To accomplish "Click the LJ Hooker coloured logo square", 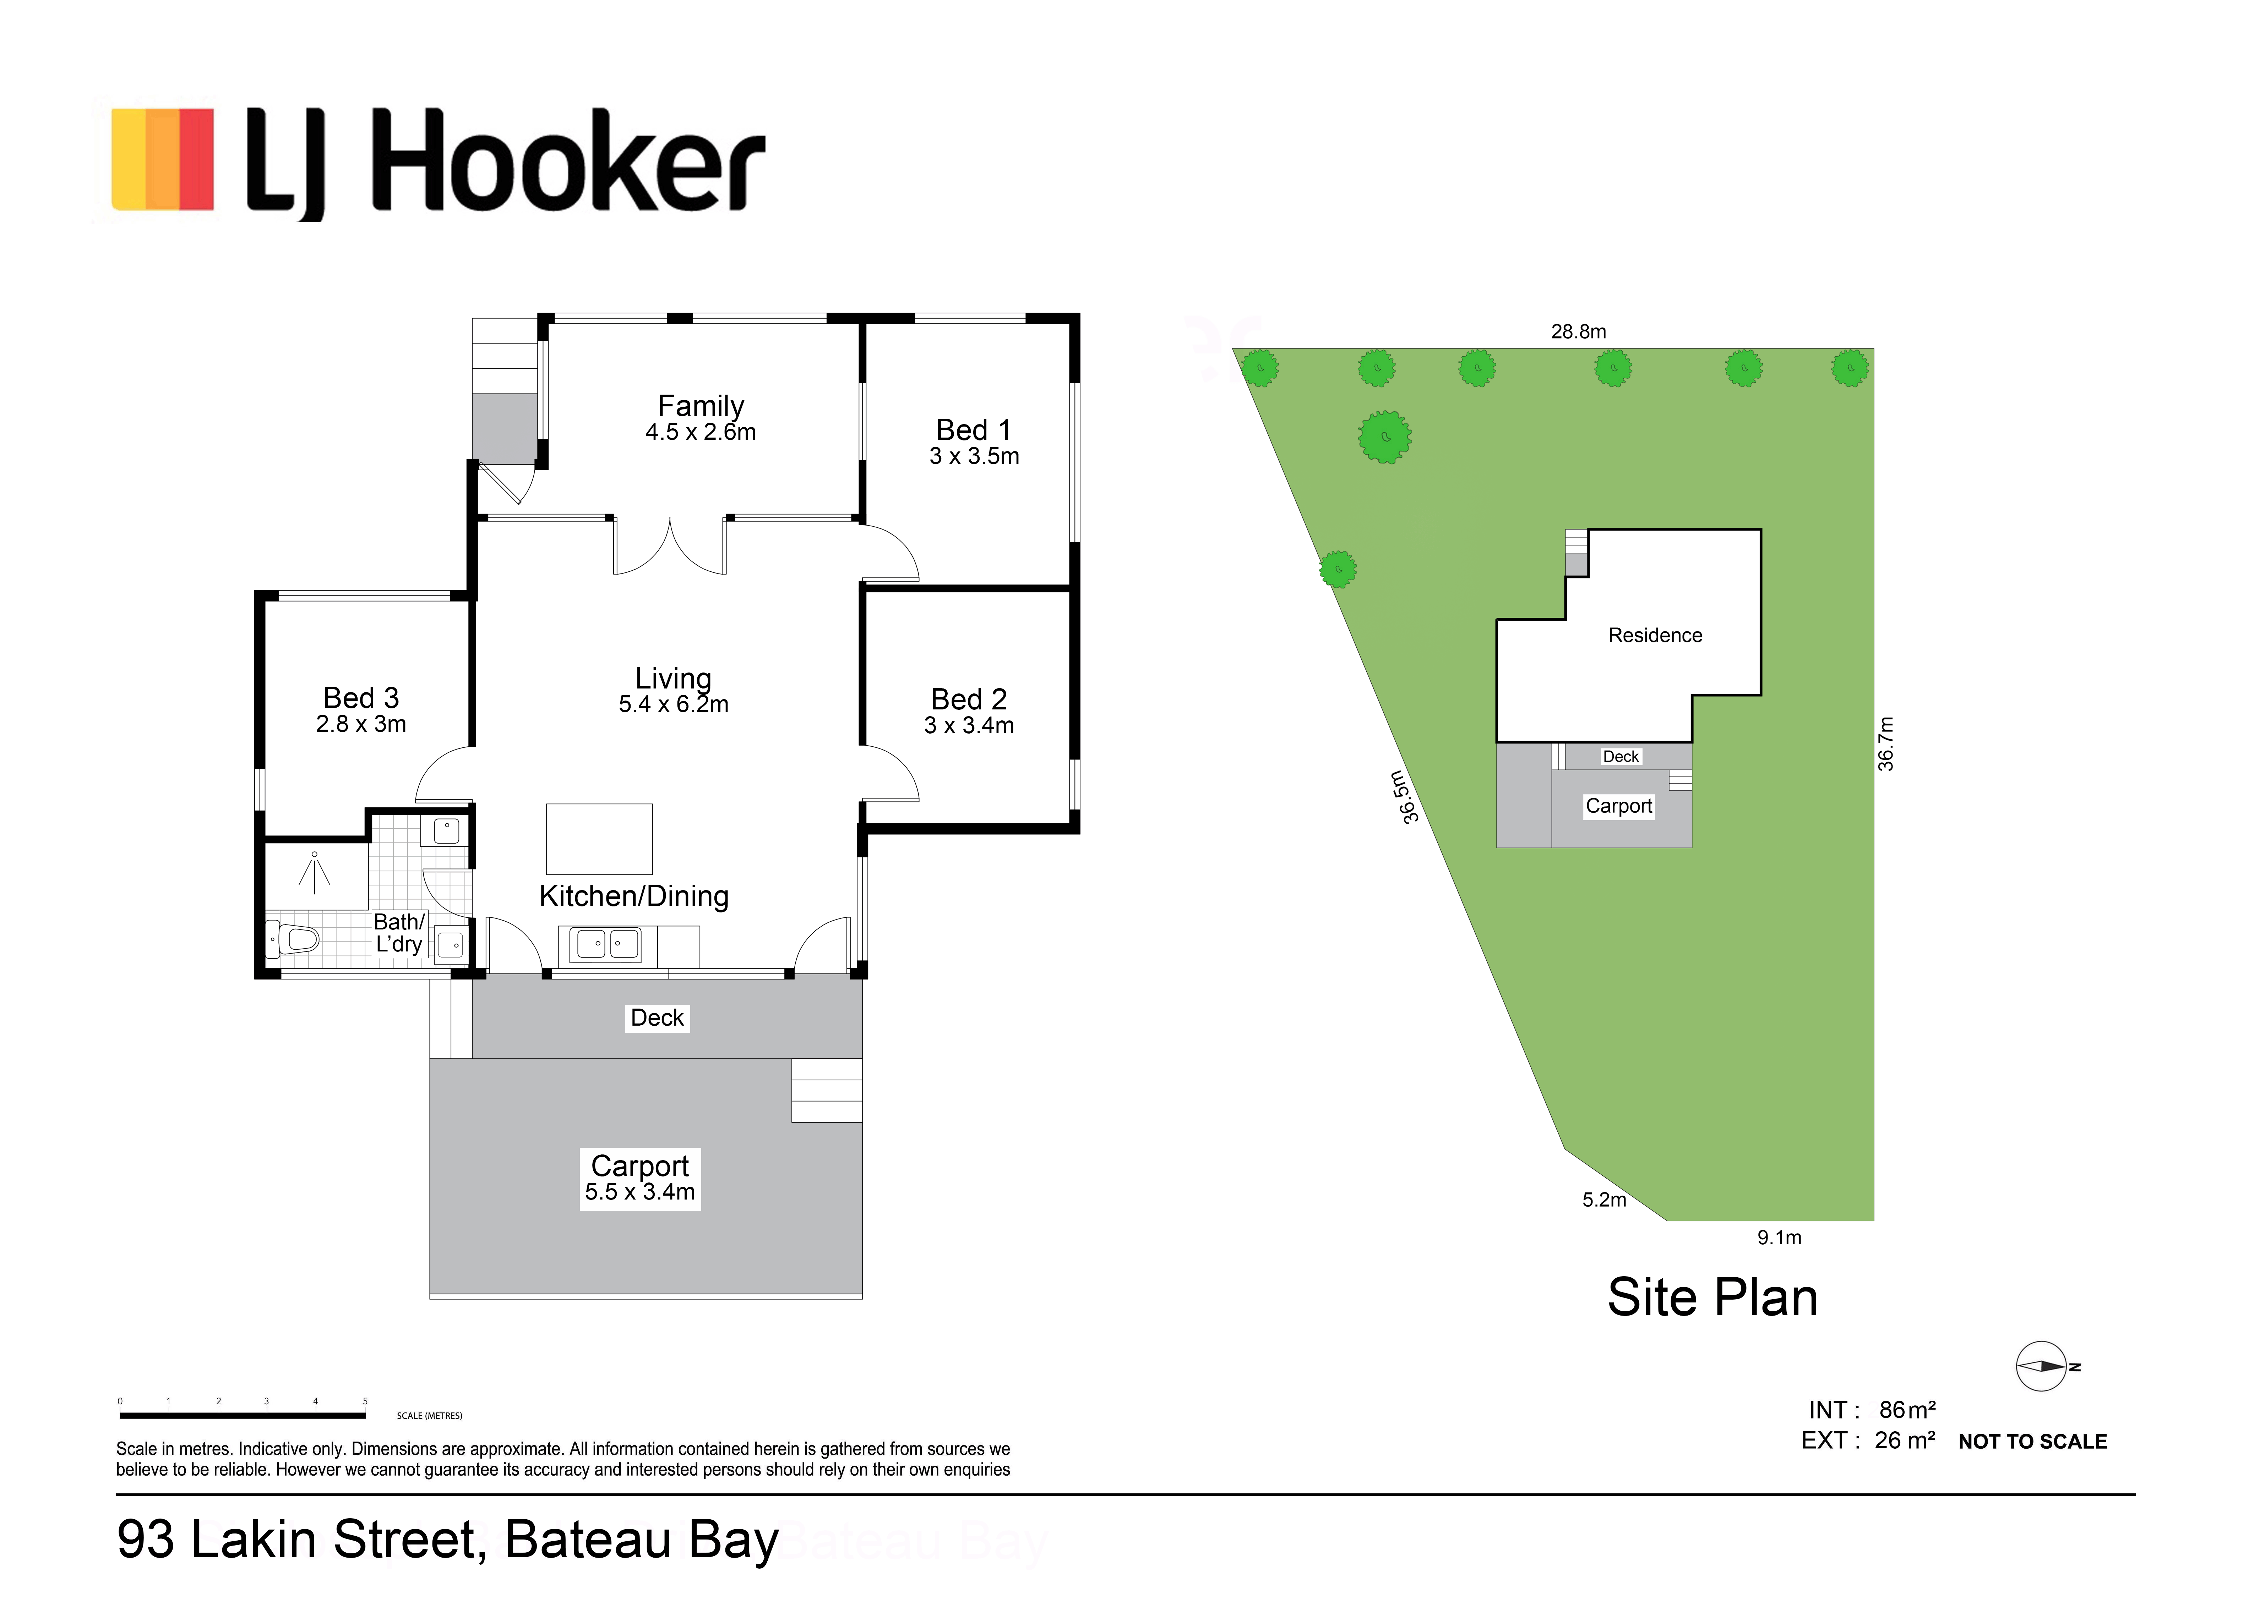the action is pyautogui.click(x=162, y=159).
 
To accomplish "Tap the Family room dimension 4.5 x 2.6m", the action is pyautogui.click(x=701, y=432).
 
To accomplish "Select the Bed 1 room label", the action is pyautogui.click(x=974, y=430).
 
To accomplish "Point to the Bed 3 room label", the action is pyautogui.click(x=361, y=698).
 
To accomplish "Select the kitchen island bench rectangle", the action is pyautogui.click(x=599, y=839).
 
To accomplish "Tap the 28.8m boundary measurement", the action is pyautogui.click(x=1579, y=331).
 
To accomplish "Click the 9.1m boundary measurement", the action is pyautogui.click(x=1780, y=1238).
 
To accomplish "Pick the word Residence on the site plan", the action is pyautogui.click(x=1656, y=636).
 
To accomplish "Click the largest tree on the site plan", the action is pyautogui.click(x=1385, y=437).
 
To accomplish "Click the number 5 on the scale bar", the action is pyautogui.click(x=365, y=1401).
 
